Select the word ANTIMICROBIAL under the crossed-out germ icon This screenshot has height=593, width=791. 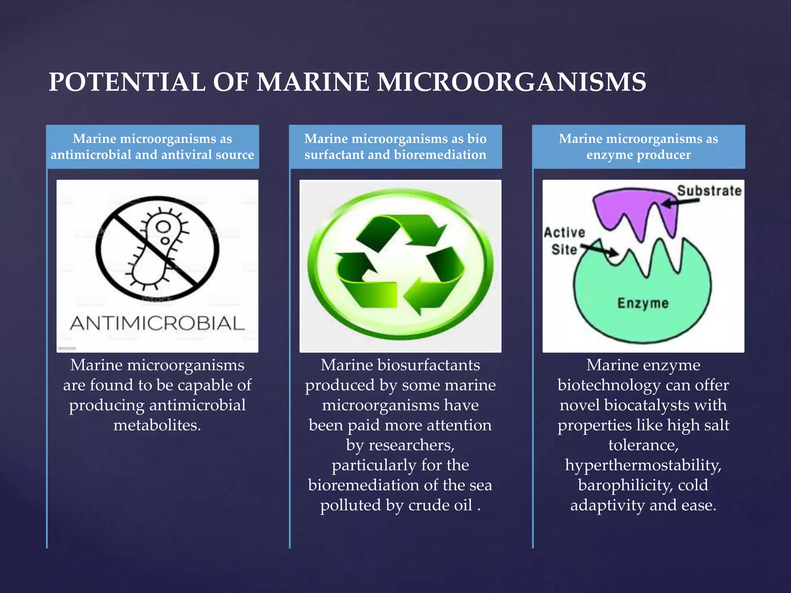pyautogui.click(x=157, y=324)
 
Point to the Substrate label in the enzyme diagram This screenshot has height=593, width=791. pyautogui.click(x=709, y=191)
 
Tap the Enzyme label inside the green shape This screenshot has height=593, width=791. pyautogui.click(x=643, y=303)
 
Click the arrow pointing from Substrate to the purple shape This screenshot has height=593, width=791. pyautogui.click(x=680, y=202)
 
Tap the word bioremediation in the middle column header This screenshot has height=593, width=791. pyautogui.click(x=440, y=155)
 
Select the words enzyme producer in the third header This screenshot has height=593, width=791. pyautogui.click(x=638, y=155)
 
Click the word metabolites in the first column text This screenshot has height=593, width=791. pyautogui.click(x=157, y=425)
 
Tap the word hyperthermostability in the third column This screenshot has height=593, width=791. pyautogui.click(x=643, y=465)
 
